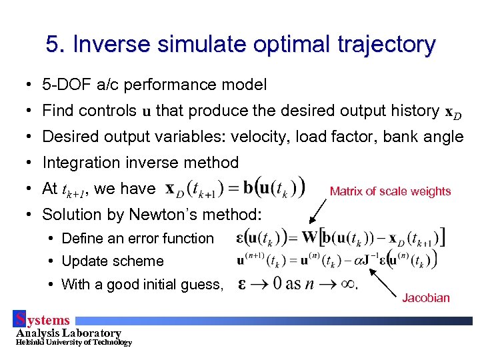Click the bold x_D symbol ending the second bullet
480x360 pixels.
click(452, 111)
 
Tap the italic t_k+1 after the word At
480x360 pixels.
click(75, 190)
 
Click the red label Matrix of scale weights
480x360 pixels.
click(390, 191)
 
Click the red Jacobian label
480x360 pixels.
click(426, 298)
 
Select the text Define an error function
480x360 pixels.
click(137, 239)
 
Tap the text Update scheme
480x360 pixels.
click(112, 261)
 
